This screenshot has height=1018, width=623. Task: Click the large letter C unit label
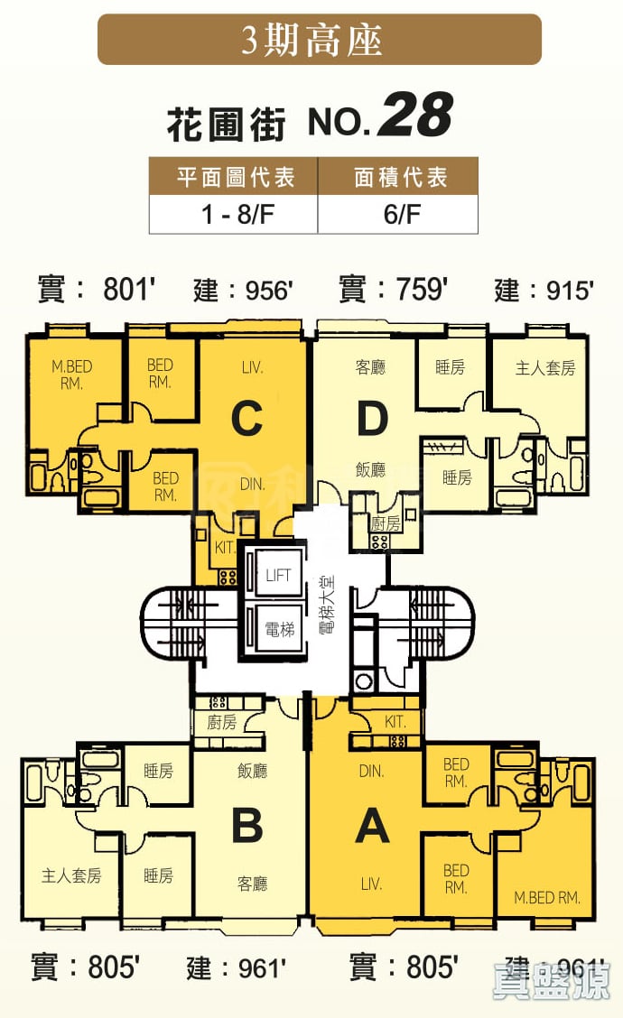[246, 419]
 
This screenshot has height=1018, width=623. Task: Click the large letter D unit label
[372, 419]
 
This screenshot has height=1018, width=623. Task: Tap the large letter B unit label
[246, 825]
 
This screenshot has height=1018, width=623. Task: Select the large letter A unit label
[372, 825]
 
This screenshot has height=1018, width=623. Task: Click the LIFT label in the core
[278, 575]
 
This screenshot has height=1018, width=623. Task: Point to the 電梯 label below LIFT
[278, 629]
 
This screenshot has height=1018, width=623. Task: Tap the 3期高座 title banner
[319, 41]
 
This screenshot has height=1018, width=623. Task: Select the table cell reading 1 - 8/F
[234, 216]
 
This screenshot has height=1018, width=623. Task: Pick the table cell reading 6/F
[398, 216]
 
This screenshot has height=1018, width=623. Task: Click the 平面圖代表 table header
[234, 177]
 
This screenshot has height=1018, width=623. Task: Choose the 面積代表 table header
[398, 177]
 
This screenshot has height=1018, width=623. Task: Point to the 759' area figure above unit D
[422, 290]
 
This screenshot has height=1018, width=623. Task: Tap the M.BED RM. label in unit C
[72, 375]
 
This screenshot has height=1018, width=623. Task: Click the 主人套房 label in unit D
[544, 367]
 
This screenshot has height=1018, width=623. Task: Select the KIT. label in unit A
[395, 723]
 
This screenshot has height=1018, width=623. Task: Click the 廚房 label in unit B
[221, 723]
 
